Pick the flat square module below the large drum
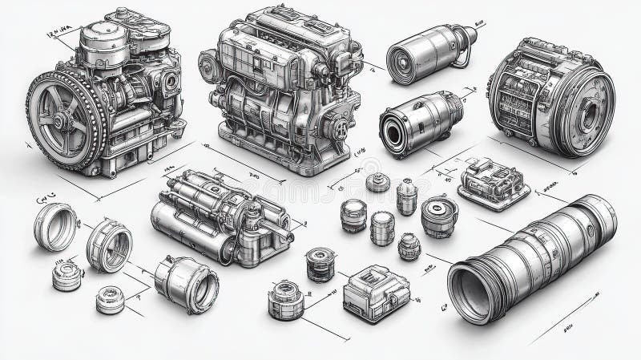click(493, 184)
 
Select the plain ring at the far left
click(55, 226)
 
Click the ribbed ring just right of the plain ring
click(108, 244)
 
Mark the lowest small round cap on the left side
click(110, 300)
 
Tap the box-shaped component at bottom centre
click(376, 292)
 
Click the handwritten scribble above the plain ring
click(42, 196)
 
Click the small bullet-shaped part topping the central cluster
click(377, 182)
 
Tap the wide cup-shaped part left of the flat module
click(439, 214)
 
